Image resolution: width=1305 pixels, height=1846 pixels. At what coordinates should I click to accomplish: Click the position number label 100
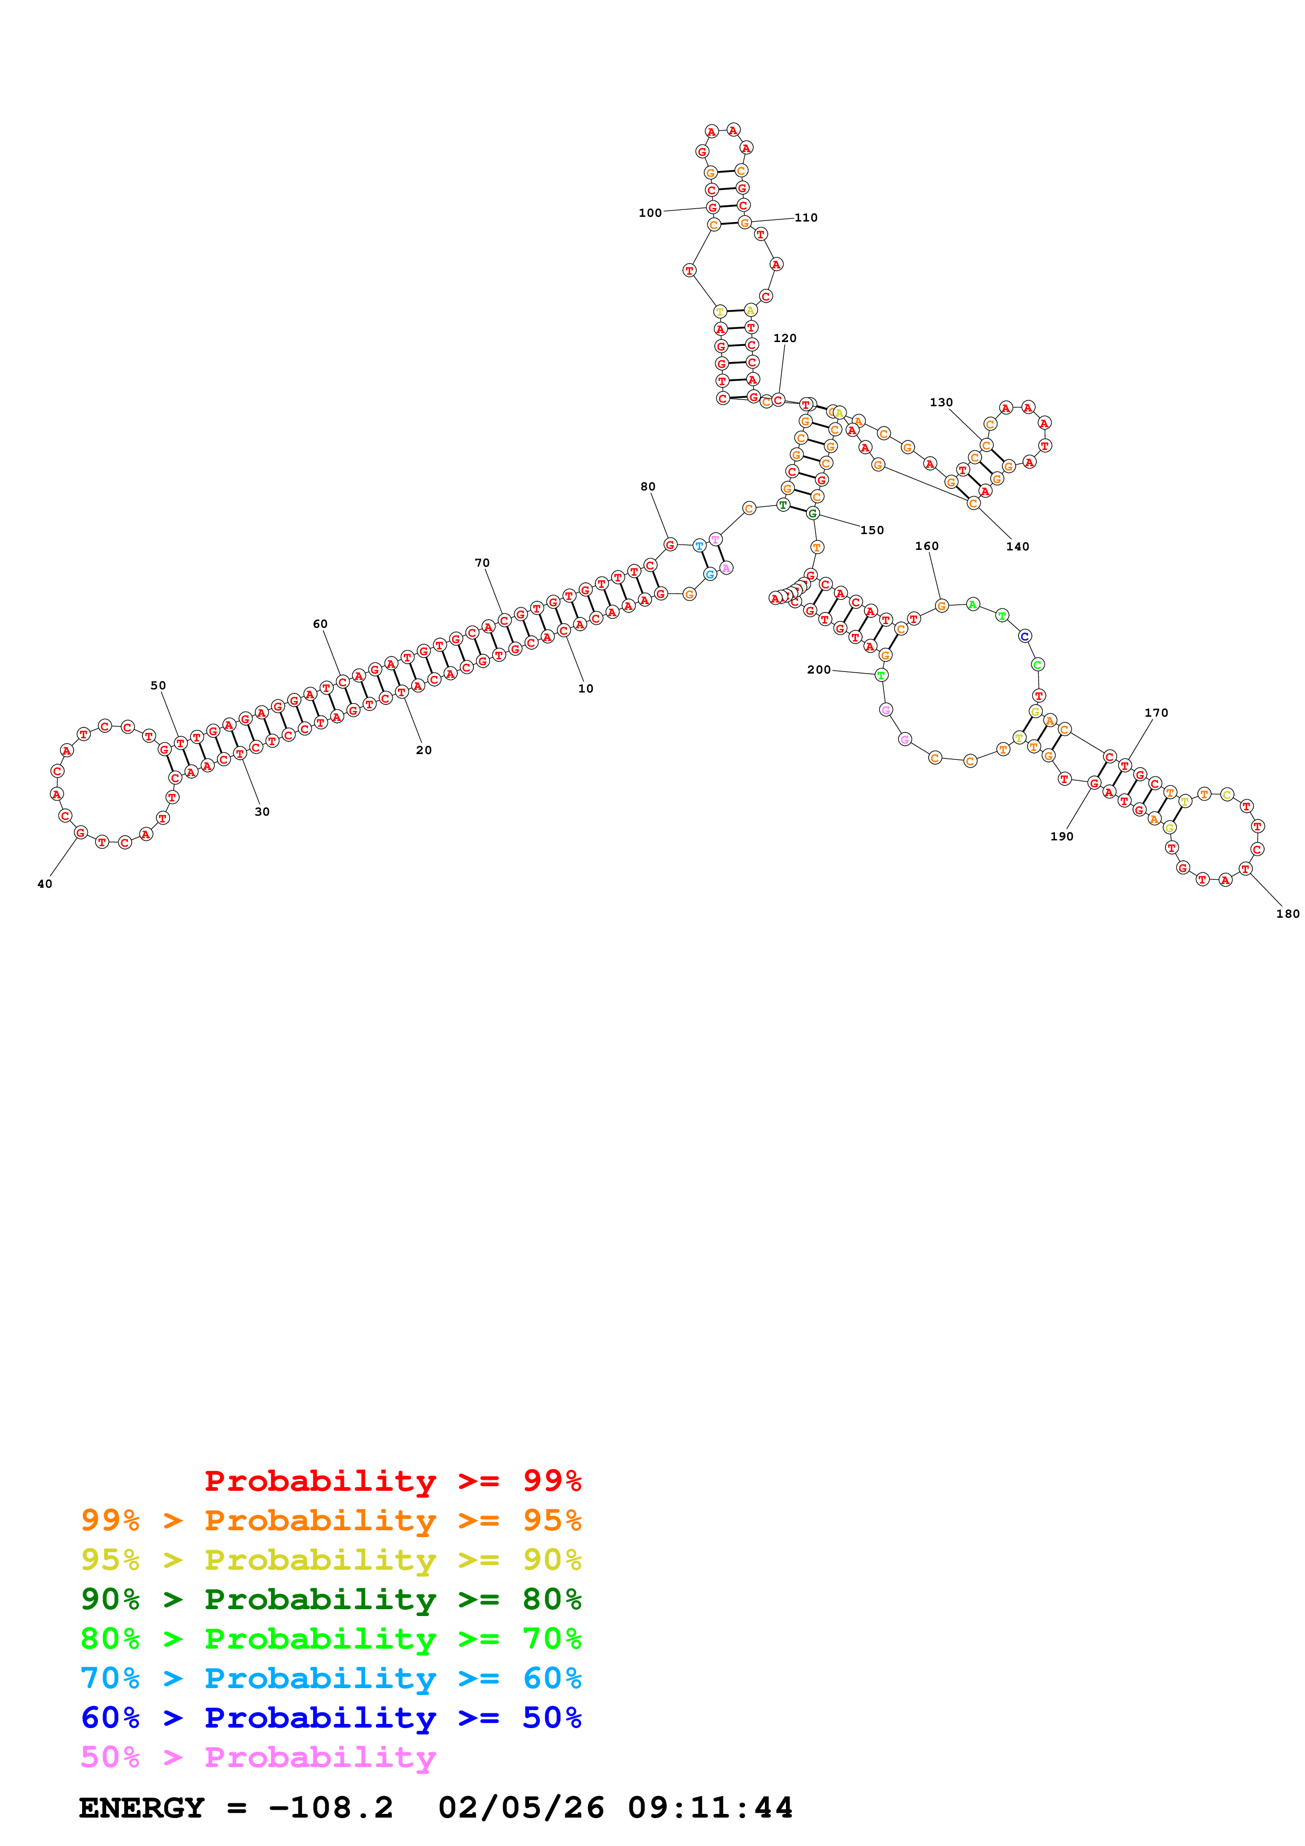pos(650,213)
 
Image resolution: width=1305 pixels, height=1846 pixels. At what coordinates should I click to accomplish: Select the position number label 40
pos(45,884)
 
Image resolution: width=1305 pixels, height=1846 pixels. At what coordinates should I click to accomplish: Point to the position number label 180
pos(1287,914)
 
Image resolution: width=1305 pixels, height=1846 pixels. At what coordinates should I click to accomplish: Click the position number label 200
pos(819,670)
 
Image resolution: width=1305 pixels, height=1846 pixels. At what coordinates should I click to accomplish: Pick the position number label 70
pos(482,563)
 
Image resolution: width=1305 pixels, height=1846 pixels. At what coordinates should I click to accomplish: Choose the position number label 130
pos(941,402)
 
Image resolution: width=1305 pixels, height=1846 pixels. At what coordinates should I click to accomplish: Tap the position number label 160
pos(927,546)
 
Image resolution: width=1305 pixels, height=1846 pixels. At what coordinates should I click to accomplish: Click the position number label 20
pos(424,750)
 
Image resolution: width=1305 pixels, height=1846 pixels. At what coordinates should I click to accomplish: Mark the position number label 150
pos(872,530)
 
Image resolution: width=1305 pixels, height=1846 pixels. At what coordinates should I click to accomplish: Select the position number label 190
pos(1061,836)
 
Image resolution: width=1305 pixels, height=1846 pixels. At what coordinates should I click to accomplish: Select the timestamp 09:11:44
pos(710,1808)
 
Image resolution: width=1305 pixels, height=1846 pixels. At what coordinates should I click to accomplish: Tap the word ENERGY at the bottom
pos(142,1808)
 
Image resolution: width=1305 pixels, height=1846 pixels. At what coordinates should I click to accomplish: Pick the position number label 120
pos(785,338)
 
